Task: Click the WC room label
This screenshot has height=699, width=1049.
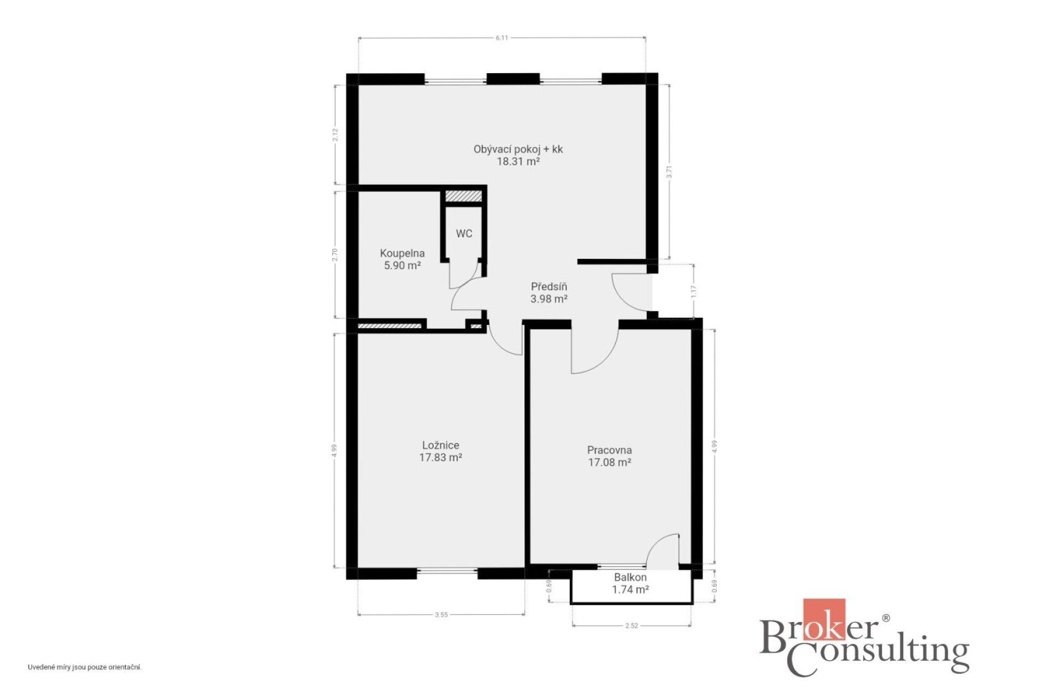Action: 464,234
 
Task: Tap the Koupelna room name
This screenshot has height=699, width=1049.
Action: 402,253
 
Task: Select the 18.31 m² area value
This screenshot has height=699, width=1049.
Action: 518,161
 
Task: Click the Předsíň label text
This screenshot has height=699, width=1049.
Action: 549,287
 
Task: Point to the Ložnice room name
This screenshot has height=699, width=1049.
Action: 440,446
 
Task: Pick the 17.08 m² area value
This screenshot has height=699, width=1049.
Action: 610,463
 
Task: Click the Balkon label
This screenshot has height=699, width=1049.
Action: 630,577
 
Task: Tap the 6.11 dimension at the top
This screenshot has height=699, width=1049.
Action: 502,38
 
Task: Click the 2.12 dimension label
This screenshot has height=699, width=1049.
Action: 335,134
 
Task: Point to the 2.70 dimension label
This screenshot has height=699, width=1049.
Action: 335,254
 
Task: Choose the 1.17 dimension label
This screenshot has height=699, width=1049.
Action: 694,292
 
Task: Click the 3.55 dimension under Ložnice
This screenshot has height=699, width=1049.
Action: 441,615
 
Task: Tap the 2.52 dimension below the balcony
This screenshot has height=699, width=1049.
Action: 631,626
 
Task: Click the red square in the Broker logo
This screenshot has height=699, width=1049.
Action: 824,619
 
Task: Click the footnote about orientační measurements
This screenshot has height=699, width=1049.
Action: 85,667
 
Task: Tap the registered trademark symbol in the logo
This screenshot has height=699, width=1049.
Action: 886,618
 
